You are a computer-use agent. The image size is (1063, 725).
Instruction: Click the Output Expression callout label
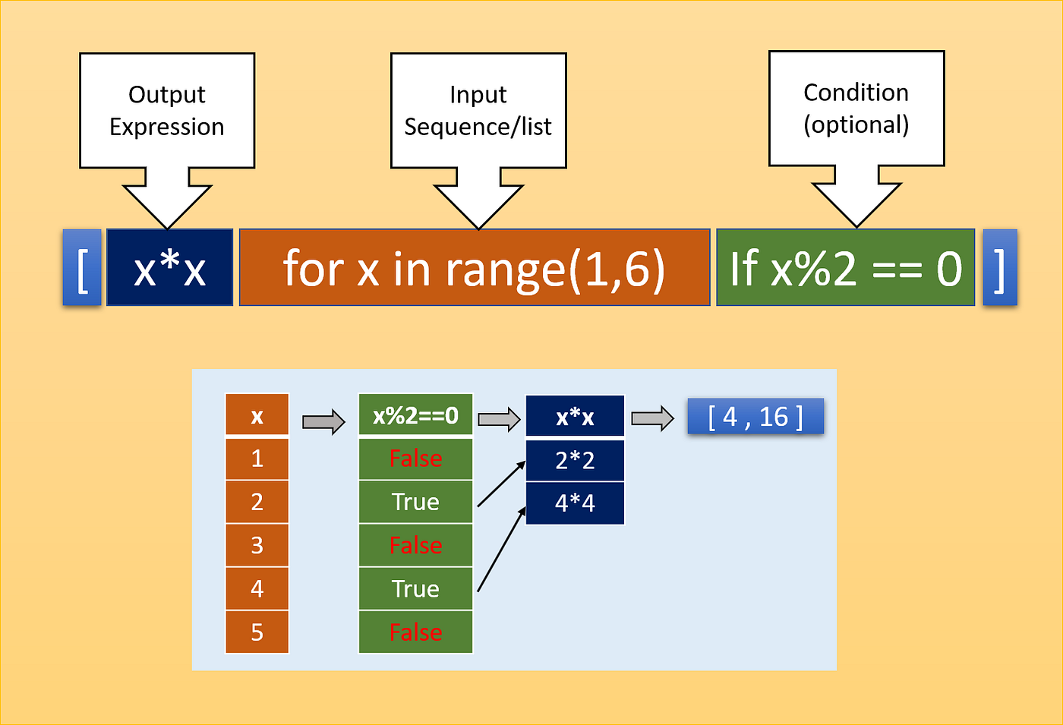[x=167, y=110]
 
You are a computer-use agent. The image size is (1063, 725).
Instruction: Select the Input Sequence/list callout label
[x=478, y=110]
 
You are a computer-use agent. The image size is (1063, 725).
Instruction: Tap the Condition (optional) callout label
[x=856, y=108]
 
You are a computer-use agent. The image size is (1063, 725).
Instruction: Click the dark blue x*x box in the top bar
[x=169, y=268]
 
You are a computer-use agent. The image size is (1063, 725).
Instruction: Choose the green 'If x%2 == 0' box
[x=845, y=268]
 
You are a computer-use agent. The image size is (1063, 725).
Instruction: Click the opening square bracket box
[x=82, y=268]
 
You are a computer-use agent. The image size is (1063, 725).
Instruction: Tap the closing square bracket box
[x=999, y=268]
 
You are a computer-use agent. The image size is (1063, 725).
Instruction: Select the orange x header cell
[x=257, y=415]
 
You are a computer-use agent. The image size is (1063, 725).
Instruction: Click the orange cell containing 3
[x=257, y=545]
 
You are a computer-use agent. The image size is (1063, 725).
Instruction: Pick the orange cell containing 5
[x=257, y=632]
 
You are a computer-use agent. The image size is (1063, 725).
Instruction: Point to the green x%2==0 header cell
[x=415, y=415]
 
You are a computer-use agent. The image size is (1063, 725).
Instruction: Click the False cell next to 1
[x=415, y=459]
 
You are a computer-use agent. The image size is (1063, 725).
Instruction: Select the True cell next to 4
[x=415, y=588]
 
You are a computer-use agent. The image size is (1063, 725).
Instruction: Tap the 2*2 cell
[x=575, y=460]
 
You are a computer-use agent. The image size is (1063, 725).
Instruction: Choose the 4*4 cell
[x=575, y=503]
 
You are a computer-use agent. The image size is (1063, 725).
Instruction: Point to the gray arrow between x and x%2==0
[x=323, y=421]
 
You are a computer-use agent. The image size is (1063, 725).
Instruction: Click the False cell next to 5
[x=415, y=632]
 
